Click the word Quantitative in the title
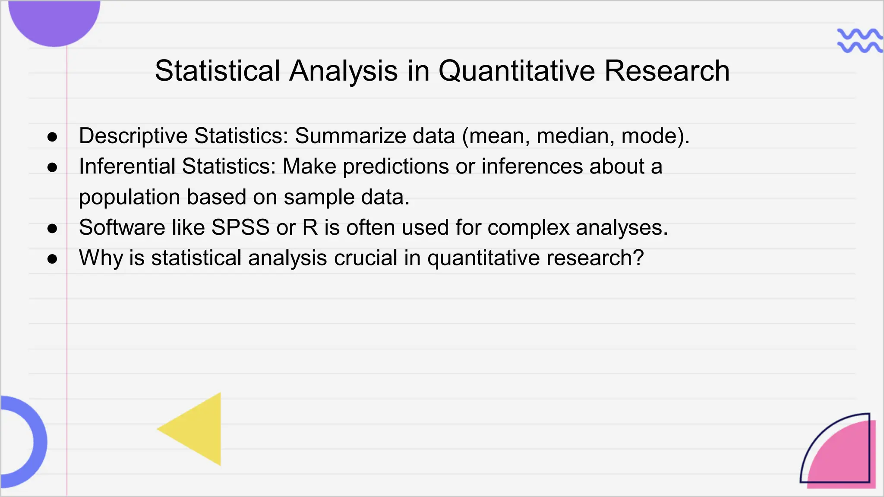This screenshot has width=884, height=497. point(517,71)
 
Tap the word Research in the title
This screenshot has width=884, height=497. point(667,71)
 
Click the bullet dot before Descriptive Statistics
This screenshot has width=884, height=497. point(52,137)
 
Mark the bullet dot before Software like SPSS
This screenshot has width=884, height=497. point(52,229)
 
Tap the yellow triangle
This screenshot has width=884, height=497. point(199,429)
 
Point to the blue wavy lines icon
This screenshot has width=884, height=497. point(859,41)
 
